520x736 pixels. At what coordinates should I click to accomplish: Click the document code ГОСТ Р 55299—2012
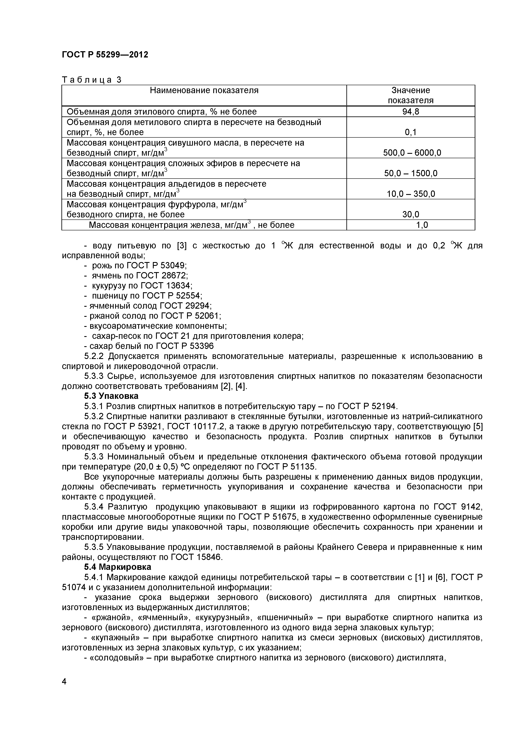[x=105, y=55]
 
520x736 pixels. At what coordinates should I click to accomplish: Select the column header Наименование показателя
[x=204, y=90]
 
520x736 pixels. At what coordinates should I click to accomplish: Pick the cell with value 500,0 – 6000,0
[x=412, y=153]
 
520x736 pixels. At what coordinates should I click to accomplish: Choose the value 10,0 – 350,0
[x=411, y=194]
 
